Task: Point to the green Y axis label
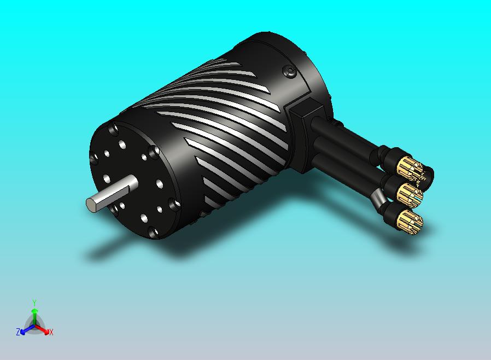pyautogui.click(x=34, y=303)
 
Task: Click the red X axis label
pyautogui.click(x=51, y=332)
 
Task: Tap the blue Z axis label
pyautogui.click(x=18, y=332)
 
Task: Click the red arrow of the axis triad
pyautogui.click(x=44, y=329)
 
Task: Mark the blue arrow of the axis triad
pyautogui.click(x=25, y=329)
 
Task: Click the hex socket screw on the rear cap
pyautogui.click(x=290, y=72)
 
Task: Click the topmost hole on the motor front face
pyautogui.click(x=114, y=131)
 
